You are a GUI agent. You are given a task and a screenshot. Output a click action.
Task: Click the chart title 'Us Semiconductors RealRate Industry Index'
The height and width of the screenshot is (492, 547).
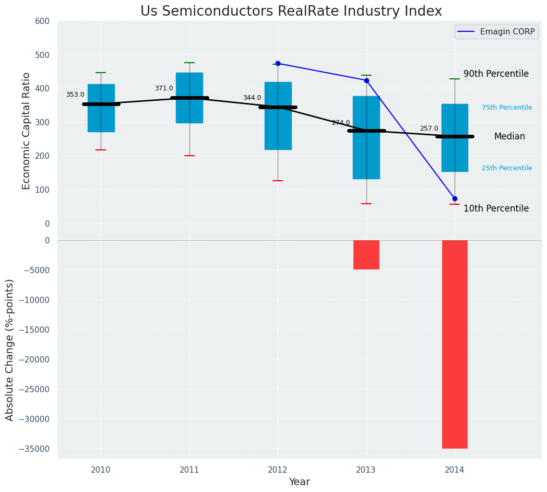291,11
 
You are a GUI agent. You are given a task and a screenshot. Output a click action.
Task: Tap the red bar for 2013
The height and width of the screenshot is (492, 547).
366,254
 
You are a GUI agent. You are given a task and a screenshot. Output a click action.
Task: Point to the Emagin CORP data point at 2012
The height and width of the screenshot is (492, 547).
278,63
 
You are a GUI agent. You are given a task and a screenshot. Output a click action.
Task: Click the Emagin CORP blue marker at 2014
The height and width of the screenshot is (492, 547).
455,198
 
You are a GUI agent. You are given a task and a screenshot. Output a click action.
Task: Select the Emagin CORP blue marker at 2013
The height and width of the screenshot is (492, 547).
366,80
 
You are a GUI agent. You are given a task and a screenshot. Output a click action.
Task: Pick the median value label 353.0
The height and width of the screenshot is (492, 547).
75,95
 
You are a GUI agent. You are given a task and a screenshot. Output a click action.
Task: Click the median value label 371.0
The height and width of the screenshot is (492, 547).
164,88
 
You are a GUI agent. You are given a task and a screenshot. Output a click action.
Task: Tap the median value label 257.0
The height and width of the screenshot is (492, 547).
429,128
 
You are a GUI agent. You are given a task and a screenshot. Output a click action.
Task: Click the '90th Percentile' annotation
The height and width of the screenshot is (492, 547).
496,74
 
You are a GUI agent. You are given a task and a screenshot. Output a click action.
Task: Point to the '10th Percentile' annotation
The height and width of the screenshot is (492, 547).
496,209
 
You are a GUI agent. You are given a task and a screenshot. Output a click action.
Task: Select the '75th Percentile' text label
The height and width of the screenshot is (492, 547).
507,108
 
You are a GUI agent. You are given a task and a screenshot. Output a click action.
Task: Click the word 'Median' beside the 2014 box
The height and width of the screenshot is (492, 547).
509,137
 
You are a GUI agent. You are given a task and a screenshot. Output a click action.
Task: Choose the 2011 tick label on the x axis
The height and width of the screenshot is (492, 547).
189,470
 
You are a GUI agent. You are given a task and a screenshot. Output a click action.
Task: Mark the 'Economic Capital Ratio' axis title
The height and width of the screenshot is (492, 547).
27,131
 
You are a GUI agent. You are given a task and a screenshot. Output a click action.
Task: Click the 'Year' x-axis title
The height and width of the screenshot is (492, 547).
299,482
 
